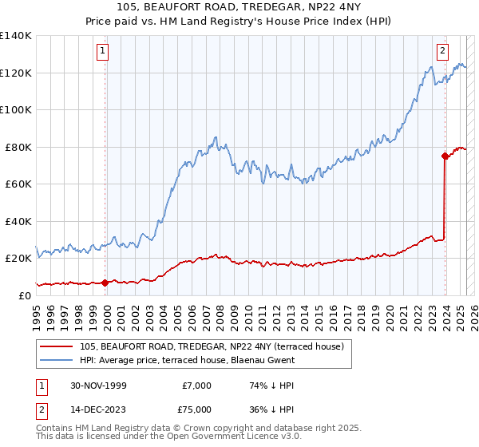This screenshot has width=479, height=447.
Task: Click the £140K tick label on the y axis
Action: tap(16, 36)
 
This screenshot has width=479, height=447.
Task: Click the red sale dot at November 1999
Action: tap(105, 282)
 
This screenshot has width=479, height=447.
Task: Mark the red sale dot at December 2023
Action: tap(445, 156)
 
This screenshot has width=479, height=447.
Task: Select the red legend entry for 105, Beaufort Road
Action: tap(212, 346)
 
